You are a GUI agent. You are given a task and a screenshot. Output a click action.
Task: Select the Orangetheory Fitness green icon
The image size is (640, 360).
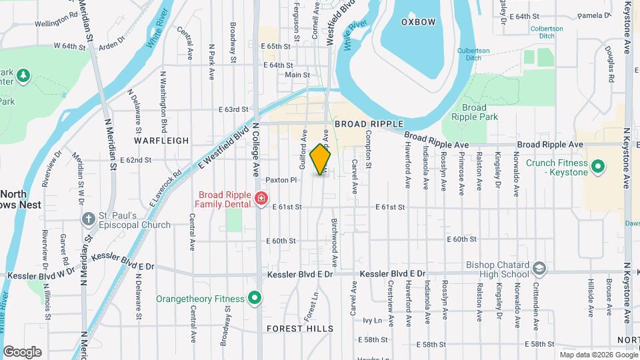click(x=254, y=298)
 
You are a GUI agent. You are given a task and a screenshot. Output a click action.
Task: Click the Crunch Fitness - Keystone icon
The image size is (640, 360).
click(x=598, y=165)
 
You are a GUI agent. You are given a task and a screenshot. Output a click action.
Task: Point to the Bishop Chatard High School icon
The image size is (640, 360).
click(x=539, y=269)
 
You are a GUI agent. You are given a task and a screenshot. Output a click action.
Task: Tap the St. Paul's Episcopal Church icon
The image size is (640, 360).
click(x=88, y=219)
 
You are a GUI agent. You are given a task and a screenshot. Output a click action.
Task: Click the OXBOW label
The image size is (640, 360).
click(x=418, y=22)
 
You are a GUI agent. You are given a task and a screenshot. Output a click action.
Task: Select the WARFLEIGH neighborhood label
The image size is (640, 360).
click(x=161, y=141)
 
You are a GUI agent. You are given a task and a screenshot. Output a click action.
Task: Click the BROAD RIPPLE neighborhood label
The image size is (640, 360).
click(x=369, y=124)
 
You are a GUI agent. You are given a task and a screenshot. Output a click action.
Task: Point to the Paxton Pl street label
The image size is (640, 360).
click(x=280, y=180)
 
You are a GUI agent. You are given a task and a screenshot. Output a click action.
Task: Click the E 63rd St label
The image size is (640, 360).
click(x=233, y=109)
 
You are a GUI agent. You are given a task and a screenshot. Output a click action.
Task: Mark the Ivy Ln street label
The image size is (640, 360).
click(x=372, y=321)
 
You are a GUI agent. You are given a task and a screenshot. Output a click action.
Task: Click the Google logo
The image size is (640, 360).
click(x=22, y=352)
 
